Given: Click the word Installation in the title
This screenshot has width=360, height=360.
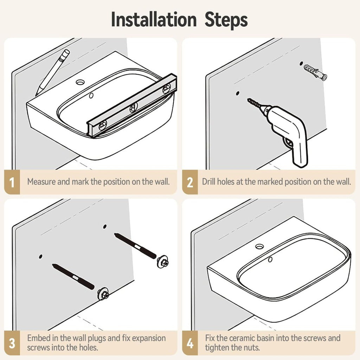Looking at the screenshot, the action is tap(154, 20).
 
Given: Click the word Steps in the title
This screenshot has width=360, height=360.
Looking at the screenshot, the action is tap(226, 20).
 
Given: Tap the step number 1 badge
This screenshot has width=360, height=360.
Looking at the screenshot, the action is tap(12, 182).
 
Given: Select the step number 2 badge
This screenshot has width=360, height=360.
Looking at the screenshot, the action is tap(190, 182).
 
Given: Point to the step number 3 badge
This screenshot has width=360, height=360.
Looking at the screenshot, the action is tap(12, 343).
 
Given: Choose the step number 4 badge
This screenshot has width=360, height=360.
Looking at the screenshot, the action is tap(190, 343).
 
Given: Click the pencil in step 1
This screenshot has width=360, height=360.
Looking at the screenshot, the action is tap(53, 72).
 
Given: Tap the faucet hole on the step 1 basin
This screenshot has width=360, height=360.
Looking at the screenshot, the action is tap(81, 82).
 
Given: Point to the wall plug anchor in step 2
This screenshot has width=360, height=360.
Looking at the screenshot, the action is tap(315, 72).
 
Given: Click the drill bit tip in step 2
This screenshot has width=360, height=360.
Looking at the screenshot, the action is tap(248, 99).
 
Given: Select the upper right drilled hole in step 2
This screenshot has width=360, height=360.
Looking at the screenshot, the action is tap(301, 64).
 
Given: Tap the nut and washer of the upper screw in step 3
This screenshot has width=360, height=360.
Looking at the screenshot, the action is tap(163, 261).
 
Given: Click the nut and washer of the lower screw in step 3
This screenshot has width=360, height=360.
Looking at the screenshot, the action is tap(103, 293).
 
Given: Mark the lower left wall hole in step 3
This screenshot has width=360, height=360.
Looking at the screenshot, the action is tap(41, 256).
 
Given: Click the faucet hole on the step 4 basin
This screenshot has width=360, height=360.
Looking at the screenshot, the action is tap(259, 246).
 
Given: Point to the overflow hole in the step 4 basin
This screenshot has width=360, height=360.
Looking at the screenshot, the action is tap(270, 260).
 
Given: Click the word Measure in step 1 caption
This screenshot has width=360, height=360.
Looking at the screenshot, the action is tap(41, 182).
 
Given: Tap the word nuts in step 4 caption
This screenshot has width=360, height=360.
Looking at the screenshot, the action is tap(252, 348).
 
